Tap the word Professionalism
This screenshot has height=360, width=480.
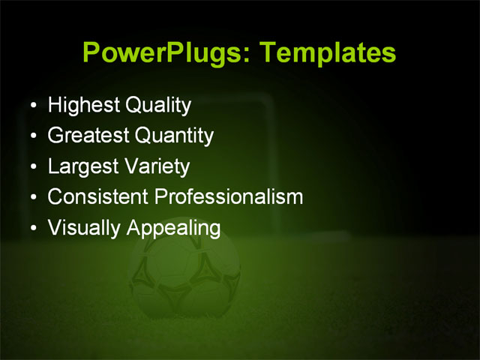coord(228,197)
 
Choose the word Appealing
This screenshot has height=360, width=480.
coord(173,228)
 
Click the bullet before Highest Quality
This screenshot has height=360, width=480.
coord(33,106)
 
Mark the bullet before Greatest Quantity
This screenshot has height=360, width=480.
coord(33,136)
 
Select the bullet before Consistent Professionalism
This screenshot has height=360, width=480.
coord(33,198)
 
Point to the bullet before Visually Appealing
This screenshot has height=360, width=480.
coord(33,229)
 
